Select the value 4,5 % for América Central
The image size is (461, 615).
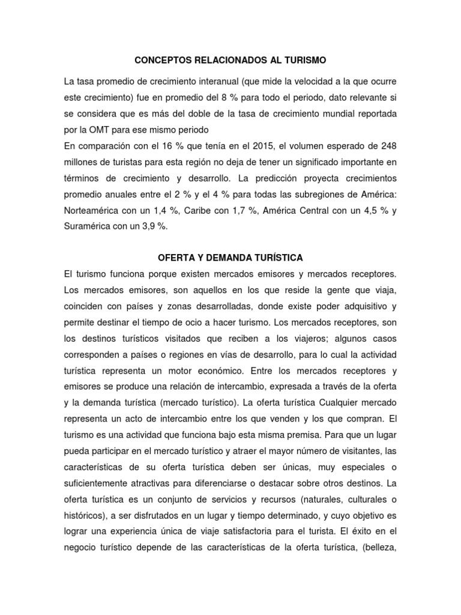(x=371, y=211)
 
